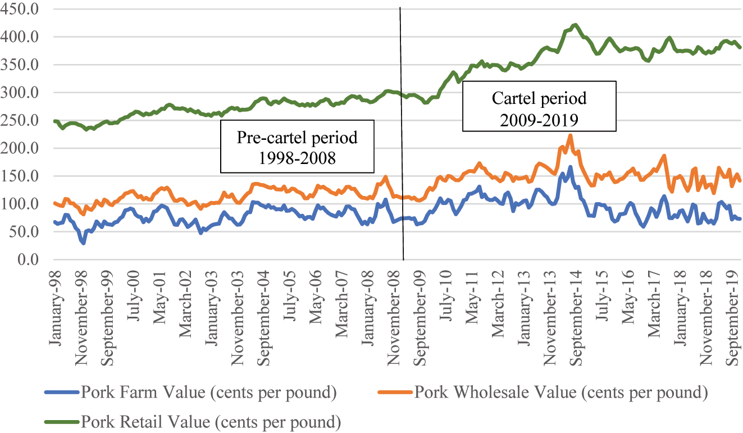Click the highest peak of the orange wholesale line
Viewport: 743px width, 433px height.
(571, 135)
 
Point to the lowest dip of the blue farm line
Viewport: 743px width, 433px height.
(84, 243)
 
